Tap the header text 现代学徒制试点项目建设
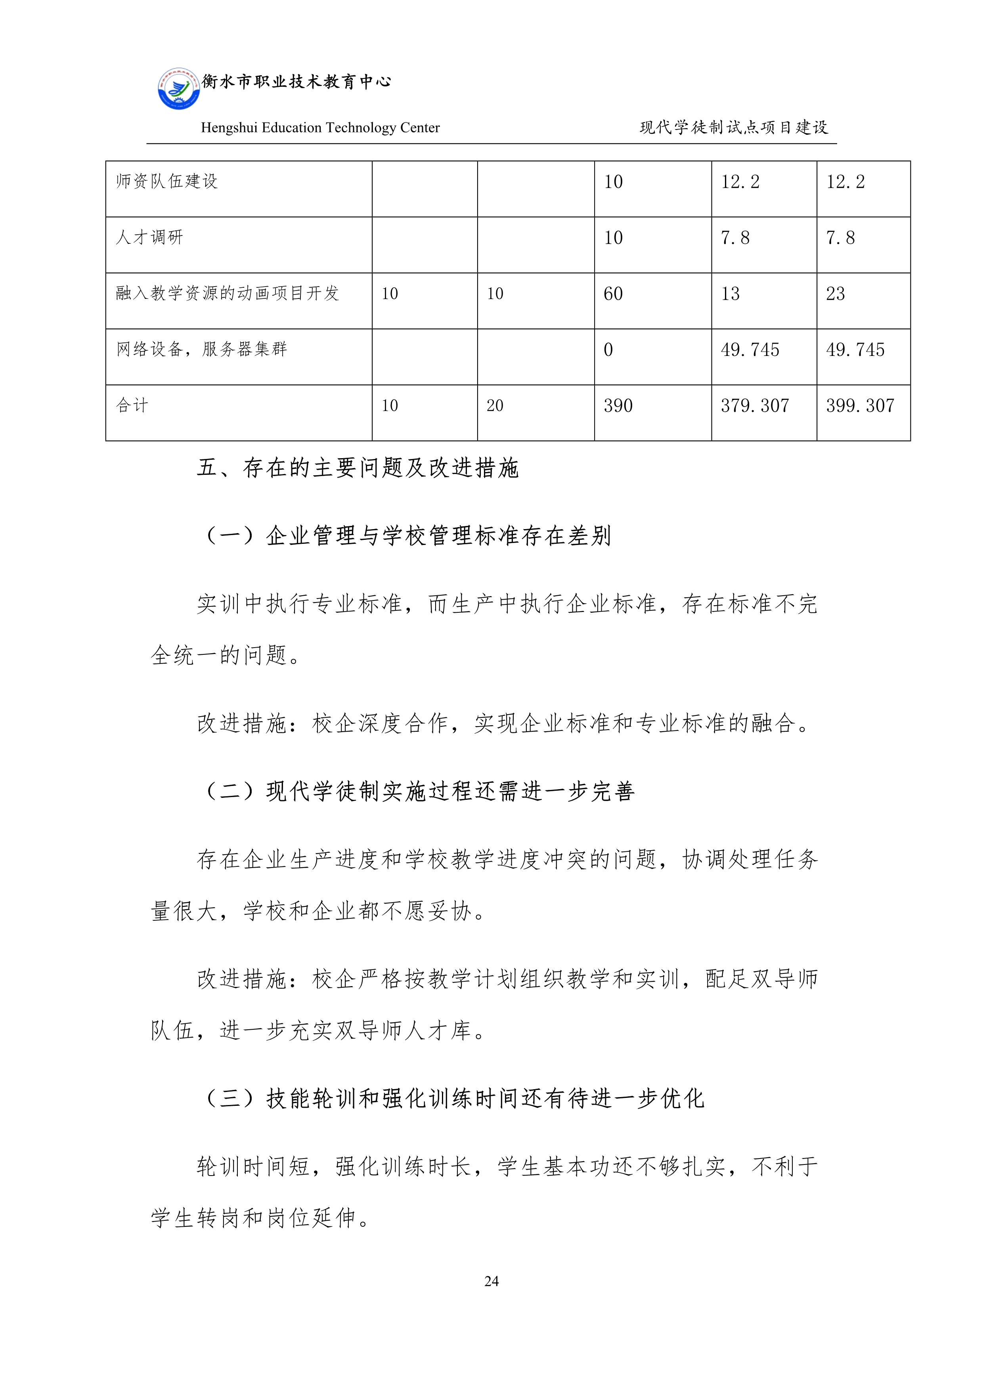[734, 127]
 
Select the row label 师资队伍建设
[166, 181]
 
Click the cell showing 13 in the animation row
[730, 294]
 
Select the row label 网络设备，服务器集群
[202, 349]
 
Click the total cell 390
[618, 405]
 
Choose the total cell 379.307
[755, 405]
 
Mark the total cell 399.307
[860, 405]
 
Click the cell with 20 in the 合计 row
[495, 405]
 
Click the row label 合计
[132, 405]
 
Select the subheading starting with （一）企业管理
[407, 536]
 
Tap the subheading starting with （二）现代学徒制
[419, 791]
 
